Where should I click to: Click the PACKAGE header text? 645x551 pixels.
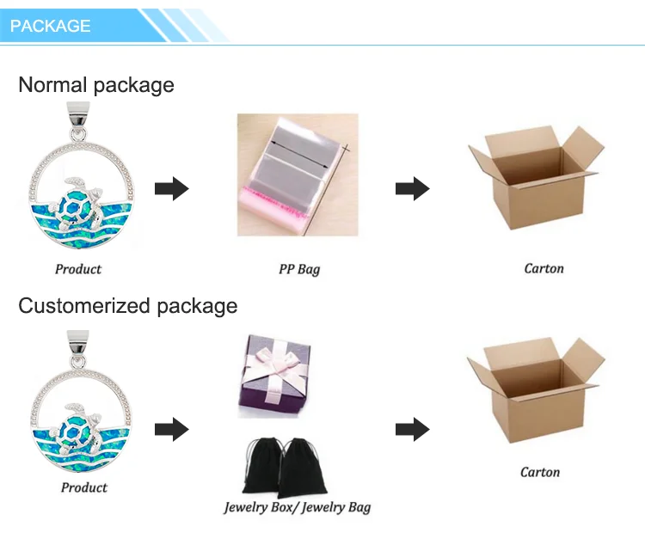[50, 26]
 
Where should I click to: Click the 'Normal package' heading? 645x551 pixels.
[96, 85]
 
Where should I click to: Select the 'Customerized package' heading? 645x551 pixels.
[127, 306]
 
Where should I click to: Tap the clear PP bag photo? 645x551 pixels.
[297, 174]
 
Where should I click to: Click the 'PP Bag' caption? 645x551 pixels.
[299, 269]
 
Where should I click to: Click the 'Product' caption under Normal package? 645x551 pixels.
[78, 269]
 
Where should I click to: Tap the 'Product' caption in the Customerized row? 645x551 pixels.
[84, 487]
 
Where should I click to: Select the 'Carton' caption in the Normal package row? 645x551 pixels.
[544, 268]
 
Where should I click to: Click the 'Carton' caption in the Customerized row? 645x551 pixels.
[540, 472]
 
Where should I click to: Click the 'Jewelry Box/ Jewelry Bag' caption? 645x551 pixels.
[298, 507]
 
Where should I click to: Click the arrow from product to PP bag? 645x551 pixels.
[171, 188]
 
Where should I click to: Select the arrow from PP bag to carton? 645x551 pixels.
[412, 188]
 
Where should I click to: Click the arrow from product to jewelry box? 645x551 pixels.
[171, 429]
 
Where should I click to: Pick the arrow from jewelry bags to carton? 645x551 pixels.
[412, 429]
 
